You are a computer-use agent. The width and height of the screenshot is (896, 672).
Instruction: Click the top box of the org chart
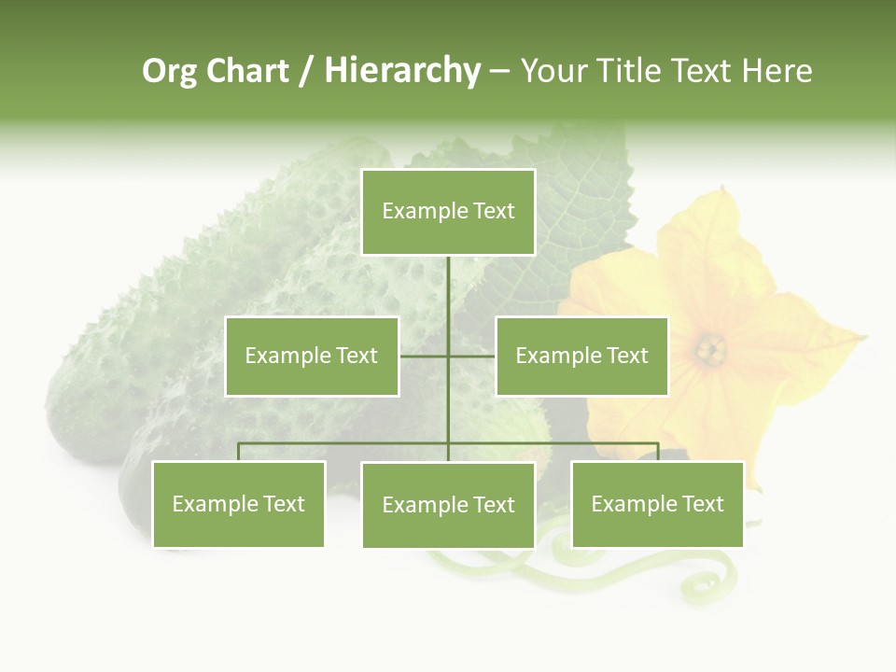pyautogui.click(x=448, y=212)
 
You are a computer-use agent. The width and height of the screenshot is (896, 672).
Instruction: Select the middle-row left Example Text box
pyautogui.click(x=312, y=356)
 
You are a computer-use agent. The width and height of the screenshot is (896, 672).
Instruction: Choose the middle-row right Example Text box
pyautogui.click(x=581, y=356)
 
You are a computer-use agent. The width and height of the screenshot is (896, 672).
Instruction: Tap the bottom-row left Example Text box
pyautogui.click(x=238, y=504)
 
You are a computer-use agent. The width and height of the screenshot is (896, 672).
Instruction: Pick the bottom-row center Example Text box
pyautogui.click(x=448, y=505)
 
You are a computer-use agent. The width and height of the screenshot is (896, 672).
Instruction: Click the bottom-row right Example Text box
pyautogui.click(x=657, y=504)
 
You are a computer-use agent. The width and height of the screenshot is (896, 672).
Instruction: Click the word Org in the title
pyautogui.click(x=169, y=71)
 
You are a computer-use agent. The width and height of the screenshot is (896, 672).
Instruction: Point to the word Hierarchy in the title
pyautogui.click(x=402, y=71)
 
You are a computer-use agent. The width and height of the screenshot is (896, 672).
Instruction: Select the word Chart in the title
pyautogui.click(x=247, y=71)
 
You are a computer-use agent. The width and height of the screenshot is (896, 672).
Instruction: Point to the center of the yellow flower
pyautogui.click(x=711, y=350)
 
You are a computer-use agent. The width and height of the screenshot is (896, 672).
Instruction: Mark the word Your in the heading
pyautogui.click(x=555, y=71)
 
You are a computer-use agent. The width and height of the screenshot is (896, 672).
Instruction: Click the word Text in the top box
pyautogui.click(x=494, y=211)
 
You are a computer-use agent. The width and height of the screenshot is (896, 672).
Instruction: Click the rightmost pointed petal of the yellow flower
pyautogui.click(x=854, y=337)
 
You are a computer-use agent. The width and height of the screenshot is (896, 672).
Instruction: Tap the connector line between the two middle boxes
pyautogui.click(x=448, y=356)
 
